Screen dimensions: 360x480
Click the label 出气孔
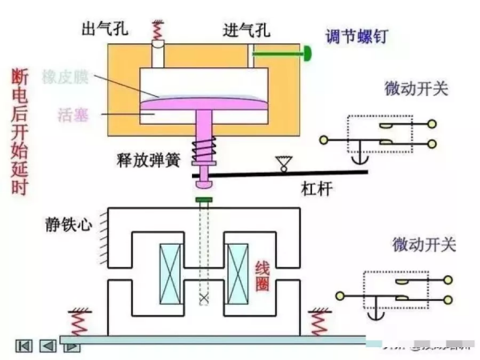[x=104, y=29]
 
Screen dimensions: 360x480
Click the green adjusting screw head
[x=306, y=54]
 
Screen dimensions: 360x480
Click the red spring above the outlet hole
[x=157, y=31]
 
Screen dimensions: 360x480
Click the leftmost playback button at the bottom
[x=23, y=346]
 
